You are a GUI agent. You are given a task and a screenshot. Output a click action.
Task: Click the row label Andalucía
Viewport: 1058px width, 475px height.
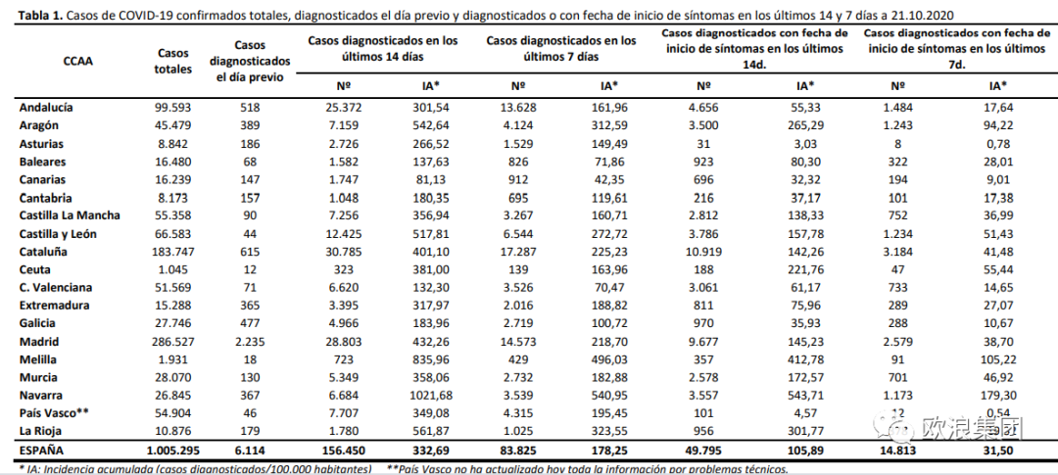pyautogui.click(x=46, y=108)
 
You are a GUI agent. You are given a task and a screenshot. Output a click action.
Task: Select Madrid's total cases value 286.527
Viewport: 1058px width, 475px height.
pyautogui.click(x=174, y=342)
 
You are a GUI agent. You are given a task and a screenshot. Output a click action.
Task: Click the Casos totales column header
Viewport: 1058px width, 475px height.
pyautogui.click(x=173, y=60)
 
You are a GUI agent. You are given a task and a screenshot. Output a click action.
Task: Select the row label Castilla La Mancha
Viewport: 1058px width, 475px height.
pyautogui.click(x=70, y=215)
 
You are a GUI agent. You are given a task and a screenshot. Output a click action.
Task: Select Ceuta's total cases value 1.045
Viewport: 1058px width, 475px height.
pyautogui.click(x=174, y=269)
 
